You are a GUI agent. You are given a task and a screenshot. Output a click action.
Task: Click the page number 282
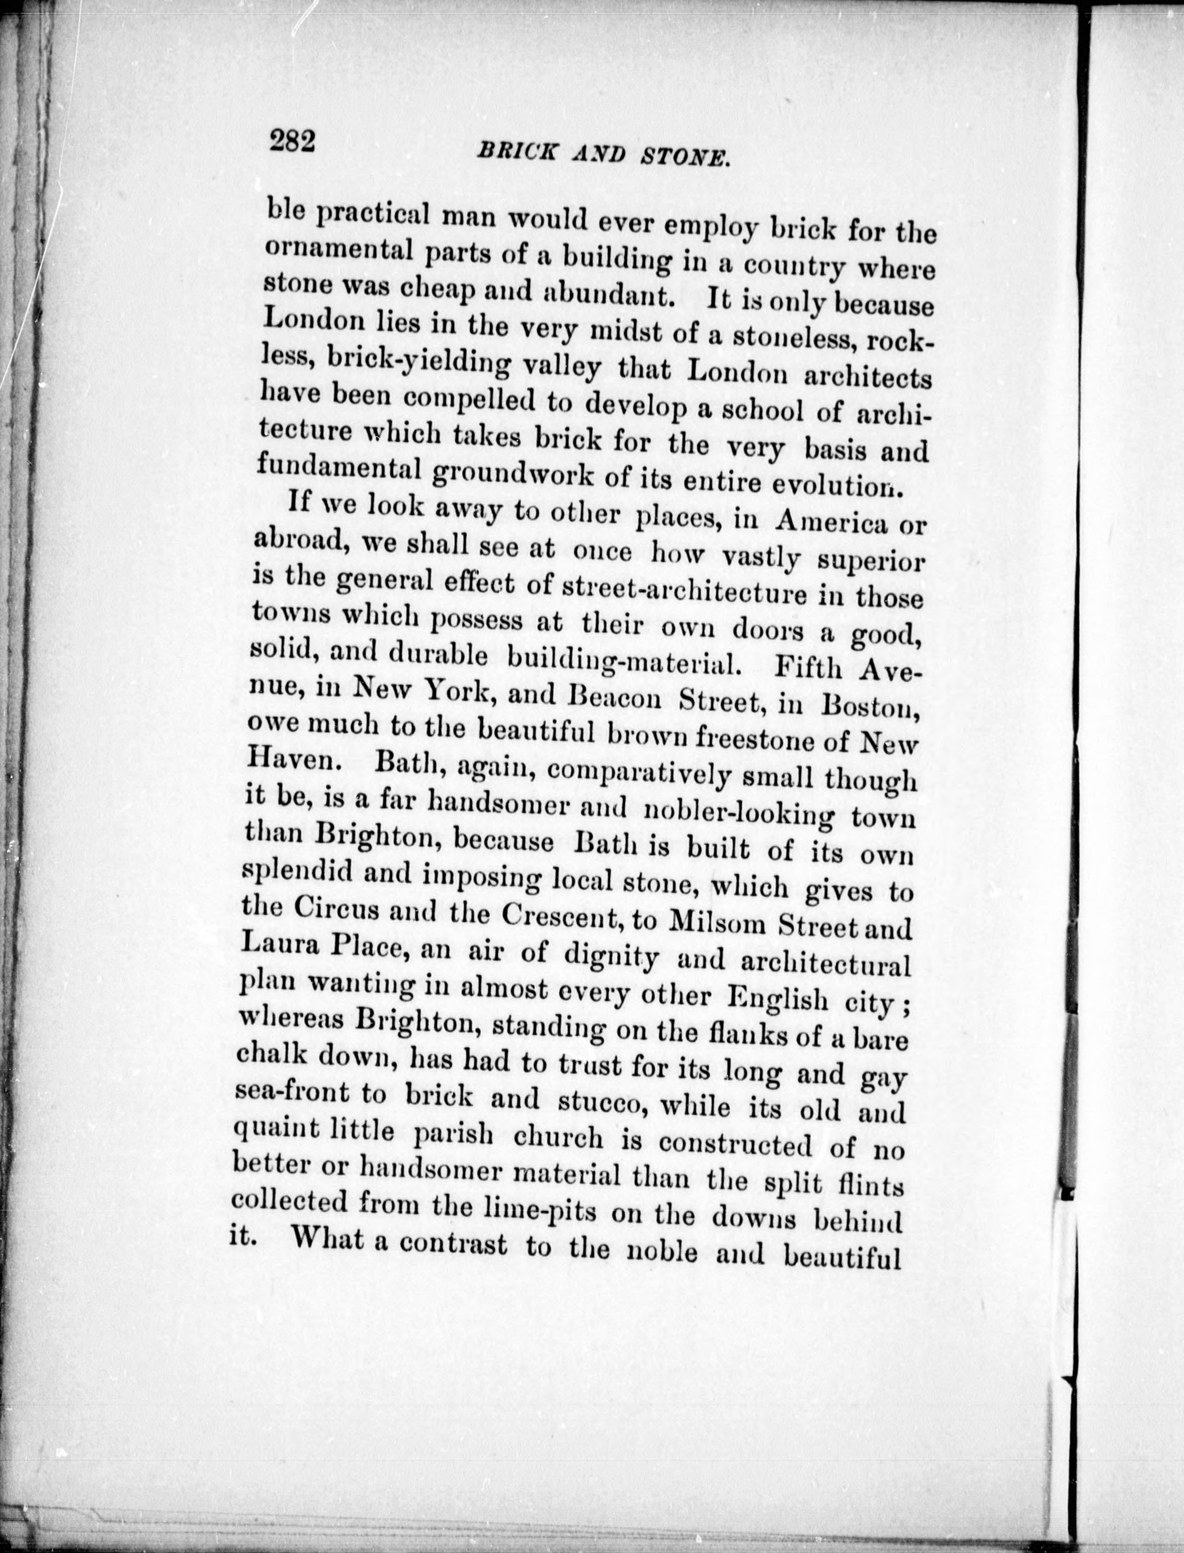(x=290, y=141)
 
